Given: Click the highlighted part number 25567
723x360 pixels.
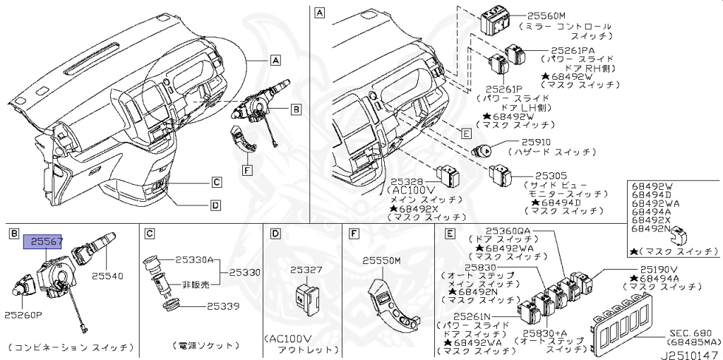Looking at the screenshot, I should click(x=44, y=242).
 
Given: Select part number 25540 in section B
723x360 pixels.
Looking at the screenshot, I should click(x=107, y=277).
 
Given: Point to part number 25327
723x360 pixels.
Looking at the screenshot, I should click(x=306, y=270).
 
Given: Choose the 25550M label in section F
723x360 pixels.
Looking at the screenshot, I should click(x=381, y=260).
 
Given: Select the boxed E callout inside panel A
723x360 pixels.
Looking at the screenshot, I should click(x=465, y=133).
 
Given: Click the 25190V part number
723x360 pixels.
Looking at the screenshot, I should click(x=659, y=269).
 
